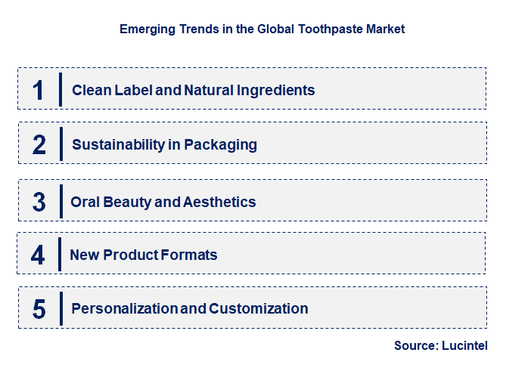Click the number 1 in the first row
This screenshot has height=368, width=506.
[x=38, y=90]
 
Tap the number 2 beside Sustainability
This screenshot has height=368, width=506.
[x=39, y=144]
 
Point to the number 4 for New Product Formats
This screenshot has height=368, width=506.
[x=38, y=255]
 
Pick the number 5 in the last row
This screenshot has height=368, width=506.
[x=39, y=309]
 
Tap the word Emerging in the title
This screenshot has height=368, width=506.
[x=144, y=29]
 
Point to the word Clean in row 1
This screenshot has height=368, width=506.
[x=90, y=91]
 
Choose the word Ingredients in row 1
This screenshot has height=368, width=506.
[x=275, y=91]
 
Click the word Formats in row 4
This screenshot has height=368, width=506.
[x=190, y=255]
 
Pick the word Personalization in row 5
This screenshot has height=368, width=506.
[x=124, y=308]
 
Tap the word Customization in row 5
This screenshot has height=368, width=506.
[x=259, y=308]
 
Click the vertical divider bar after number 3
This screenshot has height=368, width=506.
[x=60, y=202]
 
